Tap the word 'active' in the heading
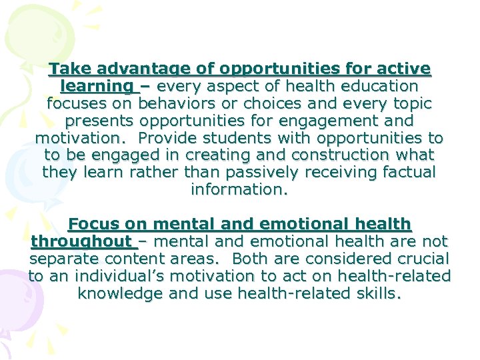(x=405, y=69)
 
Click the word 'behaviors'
(x=176, y=104)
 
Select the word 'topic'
(x=407, y=104)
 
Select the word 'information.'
(x=239, y=190)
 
